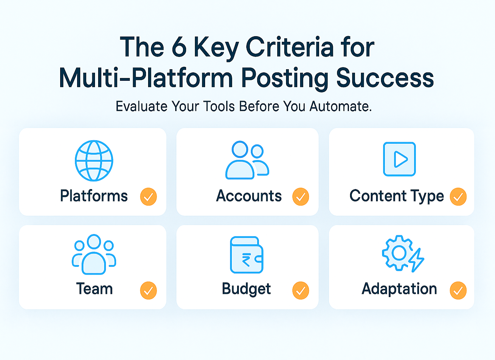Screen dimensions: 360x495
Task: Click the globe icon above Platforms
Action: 94,161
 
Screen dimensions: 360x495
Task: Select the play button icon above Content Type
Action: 399,159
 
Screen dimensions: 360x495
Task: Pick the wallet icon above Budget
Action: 247,255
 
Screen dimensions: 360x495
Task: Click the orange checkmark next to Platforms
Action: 148,197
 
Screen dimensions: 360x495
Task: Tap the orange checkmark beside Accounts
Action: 300,197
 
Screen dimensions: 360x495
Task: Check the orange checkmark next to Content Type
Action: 458,197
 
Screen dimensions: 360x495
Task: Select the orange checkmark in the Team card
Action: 148,291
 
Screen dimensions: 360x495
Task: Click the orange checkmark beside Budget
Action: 300,291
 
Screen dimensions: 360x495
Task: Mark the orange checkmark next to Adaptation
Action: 458,291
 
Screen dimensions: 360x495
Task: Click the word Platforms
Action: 94,196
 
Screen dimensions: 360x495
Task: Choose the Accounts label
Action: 249,196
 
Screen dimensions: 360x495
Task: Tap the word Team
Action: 94,289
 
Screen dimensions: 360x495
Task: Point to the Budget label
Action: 246,289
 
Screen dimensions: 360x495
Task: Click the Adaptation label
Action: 399,289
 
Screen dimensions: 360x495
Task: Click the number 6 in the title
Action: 179,47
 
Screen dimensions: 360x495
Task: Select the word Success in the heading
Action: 385,78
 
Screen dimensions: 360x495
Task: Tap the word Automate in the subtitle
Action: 340,106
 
